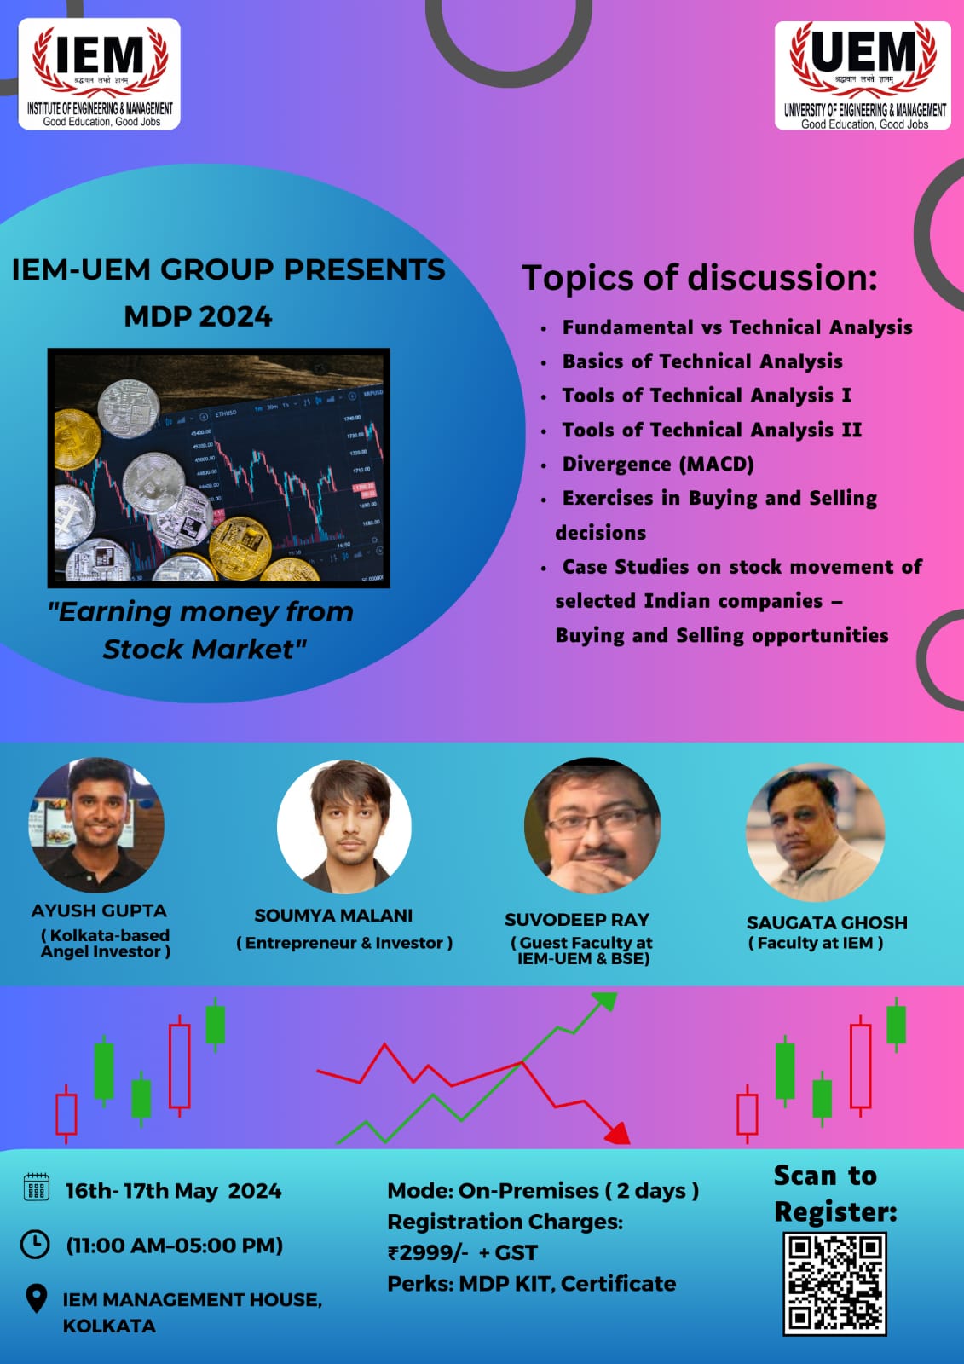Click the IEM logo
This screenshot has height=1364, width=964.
coord(100,74)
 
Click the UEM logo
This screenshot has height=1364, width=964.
coord(863,76)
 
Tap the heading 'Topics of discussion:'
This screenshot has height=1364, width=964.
coord(699,278)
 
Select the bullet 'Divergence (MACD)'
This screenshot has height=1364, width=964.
coord(657,465)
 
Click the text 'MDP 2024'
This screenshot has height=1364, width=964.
coord(198,316)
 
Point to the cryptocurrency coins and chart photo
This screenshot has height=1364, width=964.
coord(219,467)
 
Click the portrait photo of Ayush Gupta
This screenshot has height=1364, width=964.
coord(97,824)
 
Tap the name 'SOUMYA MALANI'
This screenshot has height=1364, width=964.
coord(333,916)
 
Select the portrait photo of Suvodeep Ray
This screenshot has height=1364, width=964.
coord(592,826)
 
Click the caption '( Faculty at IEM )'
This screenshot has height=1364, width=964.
coord(815,943)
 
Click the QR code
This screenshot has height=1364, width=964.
coord(834,1283)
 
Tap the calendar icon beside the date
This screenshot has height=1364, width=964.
coord(36,1188)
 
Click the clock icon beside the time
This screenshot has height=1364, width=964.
coord(35,1244)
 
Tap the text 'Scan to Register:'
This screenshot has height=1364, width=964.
coord(834,1193)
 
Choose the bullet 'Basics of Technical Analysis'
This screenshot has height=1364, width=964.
coord(701,361)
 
